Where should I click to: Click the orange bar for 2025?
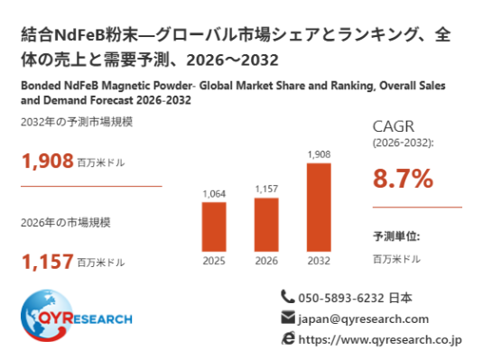point(214,227)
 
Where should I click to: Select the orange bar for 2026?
point(266,225)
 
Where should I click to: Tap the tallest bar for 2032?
point(319,208)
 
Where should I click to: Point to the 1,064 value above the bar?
point(214,194)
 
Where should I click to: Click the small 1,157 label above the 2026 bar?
point(266,189)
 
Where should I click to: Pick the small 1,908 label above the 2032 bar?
point(319,154)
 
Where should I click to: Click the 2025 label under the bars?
point(214,261)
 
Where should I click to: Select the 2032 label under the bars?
point(319,261)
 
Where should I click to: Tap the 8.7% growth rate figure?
point(403,179)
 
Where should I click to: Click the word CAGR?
point(394,126)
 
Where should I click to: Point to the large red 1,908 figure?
point(48,161)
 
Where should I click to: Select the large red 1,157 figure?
point(48,261)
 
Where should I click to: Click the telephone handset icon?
point(288,297)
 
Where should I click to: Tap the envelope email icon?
point(288,318)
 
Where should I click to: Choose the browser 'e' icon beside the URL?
point(288,338)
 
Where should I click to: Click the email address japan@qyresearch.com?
point(363,319)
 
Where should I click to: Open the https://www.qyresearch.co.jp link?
point(380,339)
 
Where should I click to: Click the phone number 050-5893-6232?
point(341,298)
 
